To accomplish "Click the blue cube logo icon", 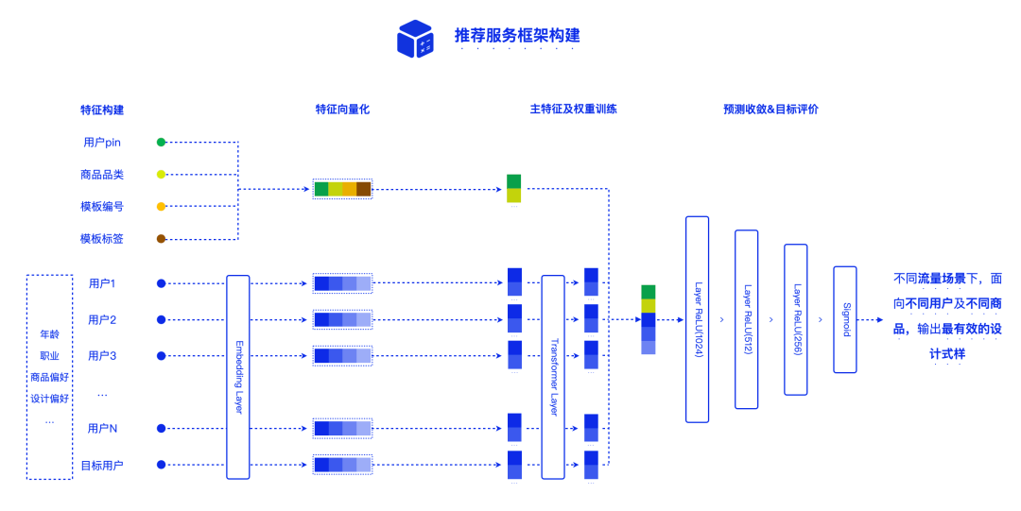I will coord(415,39).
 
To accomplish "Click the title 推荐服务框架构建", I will coord(516,36).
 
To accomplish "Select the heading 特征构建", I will coord(102,110).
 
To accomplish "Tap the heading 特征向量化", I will coord(342,110).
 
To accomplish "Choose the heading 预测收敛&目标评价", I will coord(770,110).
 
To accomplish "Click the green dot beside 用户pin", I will coord(161,143).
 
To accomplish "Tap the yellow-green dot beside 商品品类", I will coord(161,175).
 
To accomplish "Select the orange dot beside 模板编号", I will coord(161,207).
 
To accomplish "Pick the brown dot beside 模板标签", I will coord(161,239).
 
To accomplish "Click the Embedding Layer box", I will coord(238,377).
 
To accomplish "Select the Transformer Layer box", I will coord(553,377).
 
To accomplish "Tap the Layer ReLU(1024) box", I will coord(697,319).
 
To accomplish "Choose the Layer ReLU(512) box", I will coord(747,319).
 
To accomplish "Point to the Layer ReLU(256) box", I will coord(796,319).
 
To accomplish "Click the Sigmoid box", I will coord(845,319).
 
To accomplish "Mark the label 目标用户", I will coord(102,465).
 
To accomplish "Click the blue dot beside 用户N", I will coord(161,429).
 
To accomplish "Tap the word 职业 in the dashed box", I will coord(49,356).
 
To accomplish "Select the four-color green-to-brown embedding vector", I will coord(342,189).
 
